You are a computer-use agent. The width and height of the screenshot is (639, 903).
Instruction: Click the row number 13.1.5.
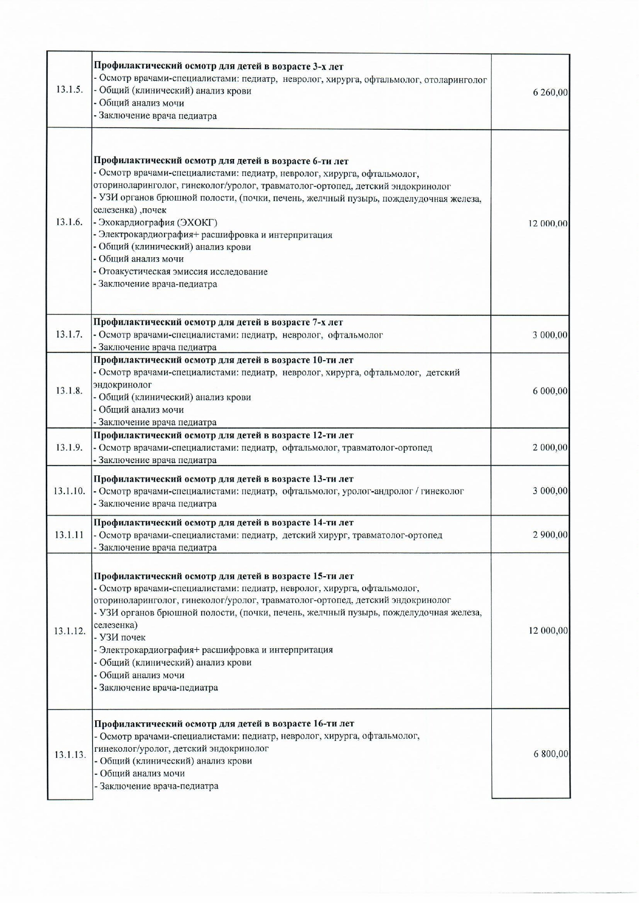point(69,90)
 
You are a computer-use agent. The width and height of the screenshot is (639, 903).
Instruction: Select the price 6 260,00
point(550,93)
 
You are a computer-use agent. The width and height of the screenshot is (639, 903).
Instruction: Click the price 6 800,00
point(551,754)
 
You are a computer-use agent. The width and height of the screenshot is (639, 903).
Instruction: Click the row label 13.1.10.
point(69,491)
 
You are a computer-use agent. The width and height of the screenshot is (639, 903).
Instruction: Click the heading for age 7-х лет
point(218,323)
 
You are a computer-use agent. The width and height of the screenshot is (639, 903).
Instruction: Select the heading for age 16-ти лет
point(224,723)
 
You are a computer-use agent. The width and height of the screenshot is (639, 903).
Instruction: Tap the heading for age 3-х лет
point(218,66)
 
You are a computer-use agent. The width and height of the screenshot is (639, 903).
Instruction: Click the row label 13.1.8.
point(69,391)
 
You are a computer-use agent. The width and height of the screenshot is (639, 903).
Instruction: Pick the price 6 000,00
point(550,391)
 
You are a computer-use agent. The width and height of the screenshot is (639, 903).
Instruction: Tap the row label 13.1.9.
point(69,447)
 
